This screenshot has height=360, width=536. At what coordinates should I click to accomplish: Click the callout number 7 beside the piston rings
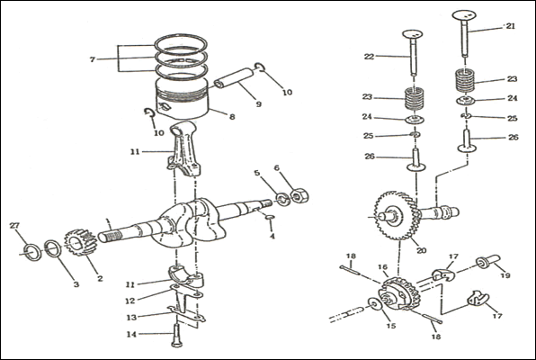[x=92, y=59]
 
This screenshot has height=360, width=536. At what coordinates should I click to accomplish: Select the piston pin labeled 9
[x=235, y=78]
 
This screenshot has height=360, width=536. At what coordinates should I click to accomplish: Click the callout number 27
[x=14, y=226]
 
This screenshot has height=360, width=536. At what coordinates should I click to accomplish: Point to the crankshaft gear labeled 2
[x=81, y=242]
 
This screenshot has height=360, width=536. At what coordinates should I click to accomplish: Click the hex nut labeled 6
[x=299, y=195]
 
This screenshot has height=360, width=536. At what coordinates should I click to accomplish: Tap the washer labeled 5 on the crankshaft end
[x=283, y=199]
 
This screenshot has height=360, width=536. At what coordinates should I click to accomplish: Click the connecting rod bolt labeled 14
[x=176, y=336]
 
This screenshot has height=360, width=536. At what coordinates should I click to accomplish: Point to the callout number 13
[x=131, y=318]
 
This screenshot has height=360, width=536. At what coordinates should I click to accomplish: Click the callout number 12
[x=130, y=301]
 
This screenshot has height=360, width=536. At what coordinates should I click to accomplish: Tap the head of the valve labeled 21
[x=464, y=15]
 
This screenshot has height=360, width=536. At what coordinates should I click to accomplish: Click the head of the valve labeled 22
[x=415, y=34]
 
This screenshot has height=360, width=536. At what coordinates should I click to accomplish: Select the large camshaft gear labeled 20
[x=397, y=216]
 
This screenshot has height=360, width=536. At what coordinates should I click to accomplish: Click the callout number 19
[x=505, y=275]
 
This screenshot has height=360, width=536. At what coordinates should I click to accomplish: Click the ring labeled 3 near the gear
[x=53, y=248]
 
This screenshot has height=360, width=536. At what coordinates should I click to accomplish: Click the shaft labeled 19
[x=488, y=261]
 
